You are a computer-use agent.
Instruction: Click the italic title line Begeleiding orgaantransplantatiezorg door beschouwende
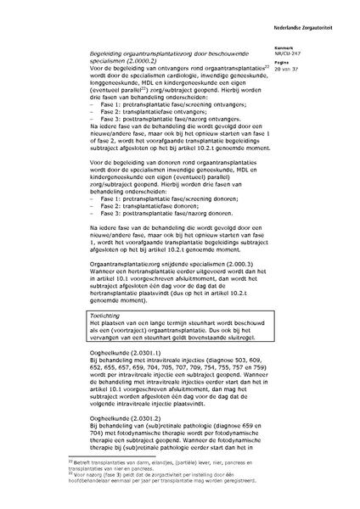click(x=166, y=52)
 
